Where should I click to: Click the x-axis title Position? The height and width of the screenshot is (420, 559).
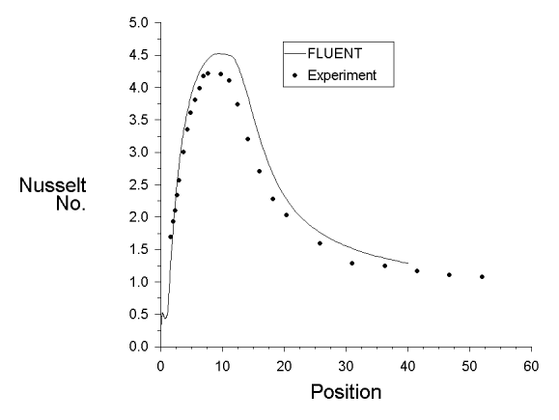pyautogui.click(x=345, y=392)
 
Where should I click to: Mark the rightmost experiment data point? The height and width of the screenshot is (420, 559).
pyautogui.click(x=482, y=277)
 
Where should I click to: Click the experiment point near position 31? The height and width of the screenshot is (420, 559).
pyautogui.click(x=351, y=264)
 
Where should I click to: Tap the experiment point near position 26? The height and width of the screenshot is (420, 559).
pyautogui.click(x=320, y=243)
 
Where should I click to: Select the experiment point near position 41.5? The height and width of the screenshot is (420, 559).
pyautogui.click(x=417, y=271)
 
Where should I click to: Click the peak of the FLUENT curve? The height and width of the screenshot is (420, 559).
pyautogui.click(x=219, y=53)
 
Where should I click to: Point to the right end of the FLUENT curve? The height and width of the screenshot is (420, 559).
pyautogui.click(x=407, y=263)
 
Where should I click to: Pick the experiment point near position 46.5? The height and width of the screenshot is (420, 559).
pyautogui.click(x=449, y=275)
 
